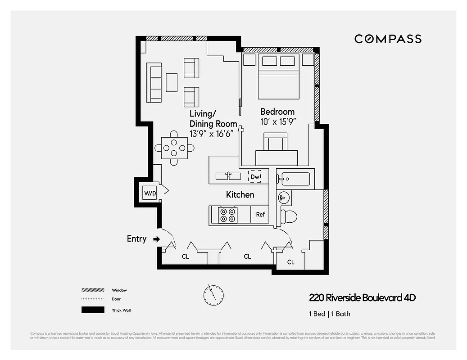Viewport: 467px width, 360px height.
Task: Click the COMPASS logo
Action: coord(388,39)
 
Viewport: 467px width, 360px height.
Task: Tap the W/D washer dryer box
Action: coord(150,193)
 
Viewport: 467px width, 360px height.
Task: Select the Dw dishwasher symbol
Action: coord(255,177)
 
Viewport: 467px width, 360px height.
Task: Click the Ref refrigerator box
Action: coord(260,215)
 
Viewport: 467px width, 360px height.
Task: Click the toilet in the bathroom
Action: coord(288,216)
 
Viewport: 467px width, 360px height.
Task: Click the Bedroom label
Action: coord(277,112)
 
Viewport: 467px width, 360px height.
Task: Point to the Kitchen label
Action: coord(240,194)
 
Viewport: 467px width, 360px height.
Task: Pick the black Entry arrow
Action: coord(156,239)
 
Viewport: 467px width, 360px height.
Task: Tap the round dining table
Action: coord(174,147)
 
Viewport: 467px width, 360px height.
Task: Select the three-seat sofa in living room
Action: coord(154,82)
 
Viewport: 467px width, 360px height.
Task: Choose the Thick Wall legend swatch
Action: coord(91,310)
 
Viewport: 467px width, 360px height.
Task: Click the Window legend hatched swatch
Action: coord(91,290)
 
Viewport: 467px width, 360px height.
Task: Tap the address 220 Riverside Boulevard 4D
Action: coord(362,298)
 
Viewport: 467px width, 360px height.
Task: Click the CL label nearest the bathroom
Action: coord(291,262)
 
